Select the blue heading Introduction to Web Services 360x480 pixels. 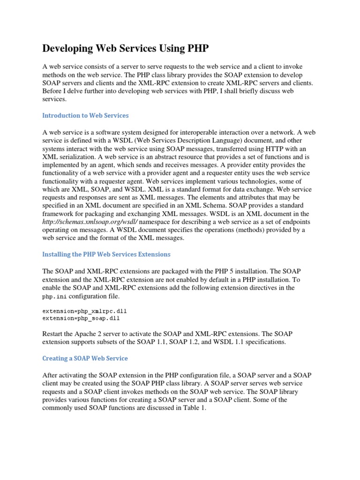[85, 115]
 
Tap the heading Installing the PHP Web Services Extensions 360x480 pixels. [106, 254]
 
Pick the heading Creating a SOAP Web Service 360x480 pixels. [85, 358]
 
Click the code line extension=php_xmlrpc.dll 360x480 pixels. [84, 311]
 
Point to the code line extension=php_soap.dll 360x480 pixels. [81, 318]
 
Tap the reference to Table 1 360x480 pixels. [195, 408]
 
